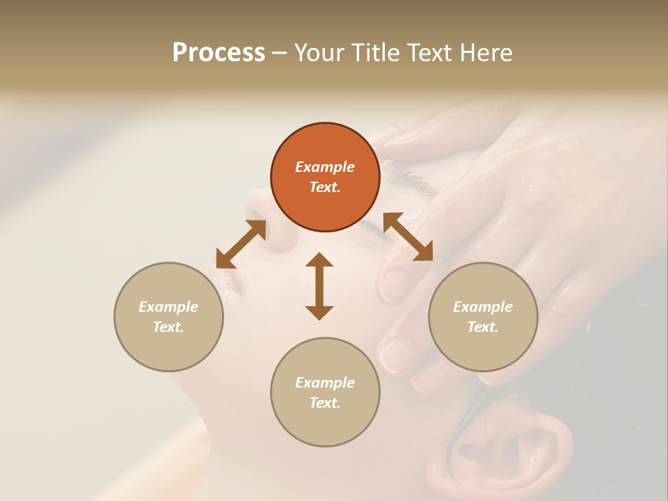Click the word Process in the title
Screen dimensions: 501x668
click(x=218, y=53)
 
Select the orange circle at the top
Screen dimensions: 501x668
click(x=325, y=177)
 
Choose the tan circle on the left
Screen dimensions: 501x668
click(x=168, y=317)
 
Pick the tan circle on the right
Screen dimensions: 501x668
click(x=483, y=317)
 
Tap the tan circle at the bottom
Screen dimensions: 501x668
click(x=325, y=392)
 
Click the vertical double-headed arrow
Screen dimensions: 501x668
click(x=319, y=286)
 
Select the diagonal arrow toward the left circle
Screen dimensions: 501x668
click(x=241, y=244)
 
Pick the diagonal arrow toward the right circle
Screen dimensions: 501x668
click(x=408, y=237)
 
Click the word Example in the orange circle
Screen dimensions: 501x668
click(x=325, y=167)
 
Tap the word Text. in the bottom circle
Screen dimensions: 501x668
click(x=325, y=403)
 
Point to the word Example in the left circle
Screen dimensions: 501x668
click(x=168, y=307)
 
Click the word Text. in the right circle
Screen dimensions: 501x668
click(x=483, y=327)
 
